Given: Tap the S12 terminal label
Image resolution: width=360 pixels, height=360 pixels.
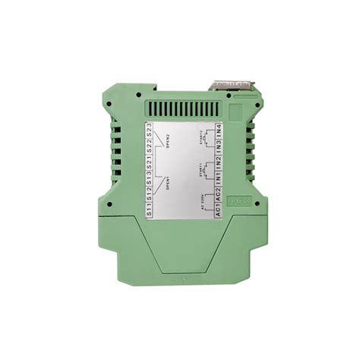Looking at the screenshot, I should click(150, 195).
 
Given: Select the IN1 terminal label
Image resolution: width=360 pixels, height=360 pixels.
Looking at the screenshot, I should click(218, 180).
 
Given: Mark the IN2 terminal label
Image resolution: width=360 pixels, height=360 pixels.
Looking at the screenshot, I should click(218, 163).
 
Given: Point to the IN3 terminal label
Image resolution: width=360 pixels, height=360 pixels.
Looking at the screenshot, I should click(218, 146).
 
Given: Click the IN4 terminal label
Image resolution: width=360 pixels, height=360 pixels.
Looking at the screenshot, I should click(218, 129).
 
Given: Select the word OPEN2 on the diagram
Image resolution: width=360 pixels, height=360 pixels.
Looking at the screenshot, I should click(166, 142).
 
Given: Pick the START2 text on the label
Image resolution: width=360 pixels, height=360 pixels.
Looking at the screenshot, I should click(199, 137).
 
